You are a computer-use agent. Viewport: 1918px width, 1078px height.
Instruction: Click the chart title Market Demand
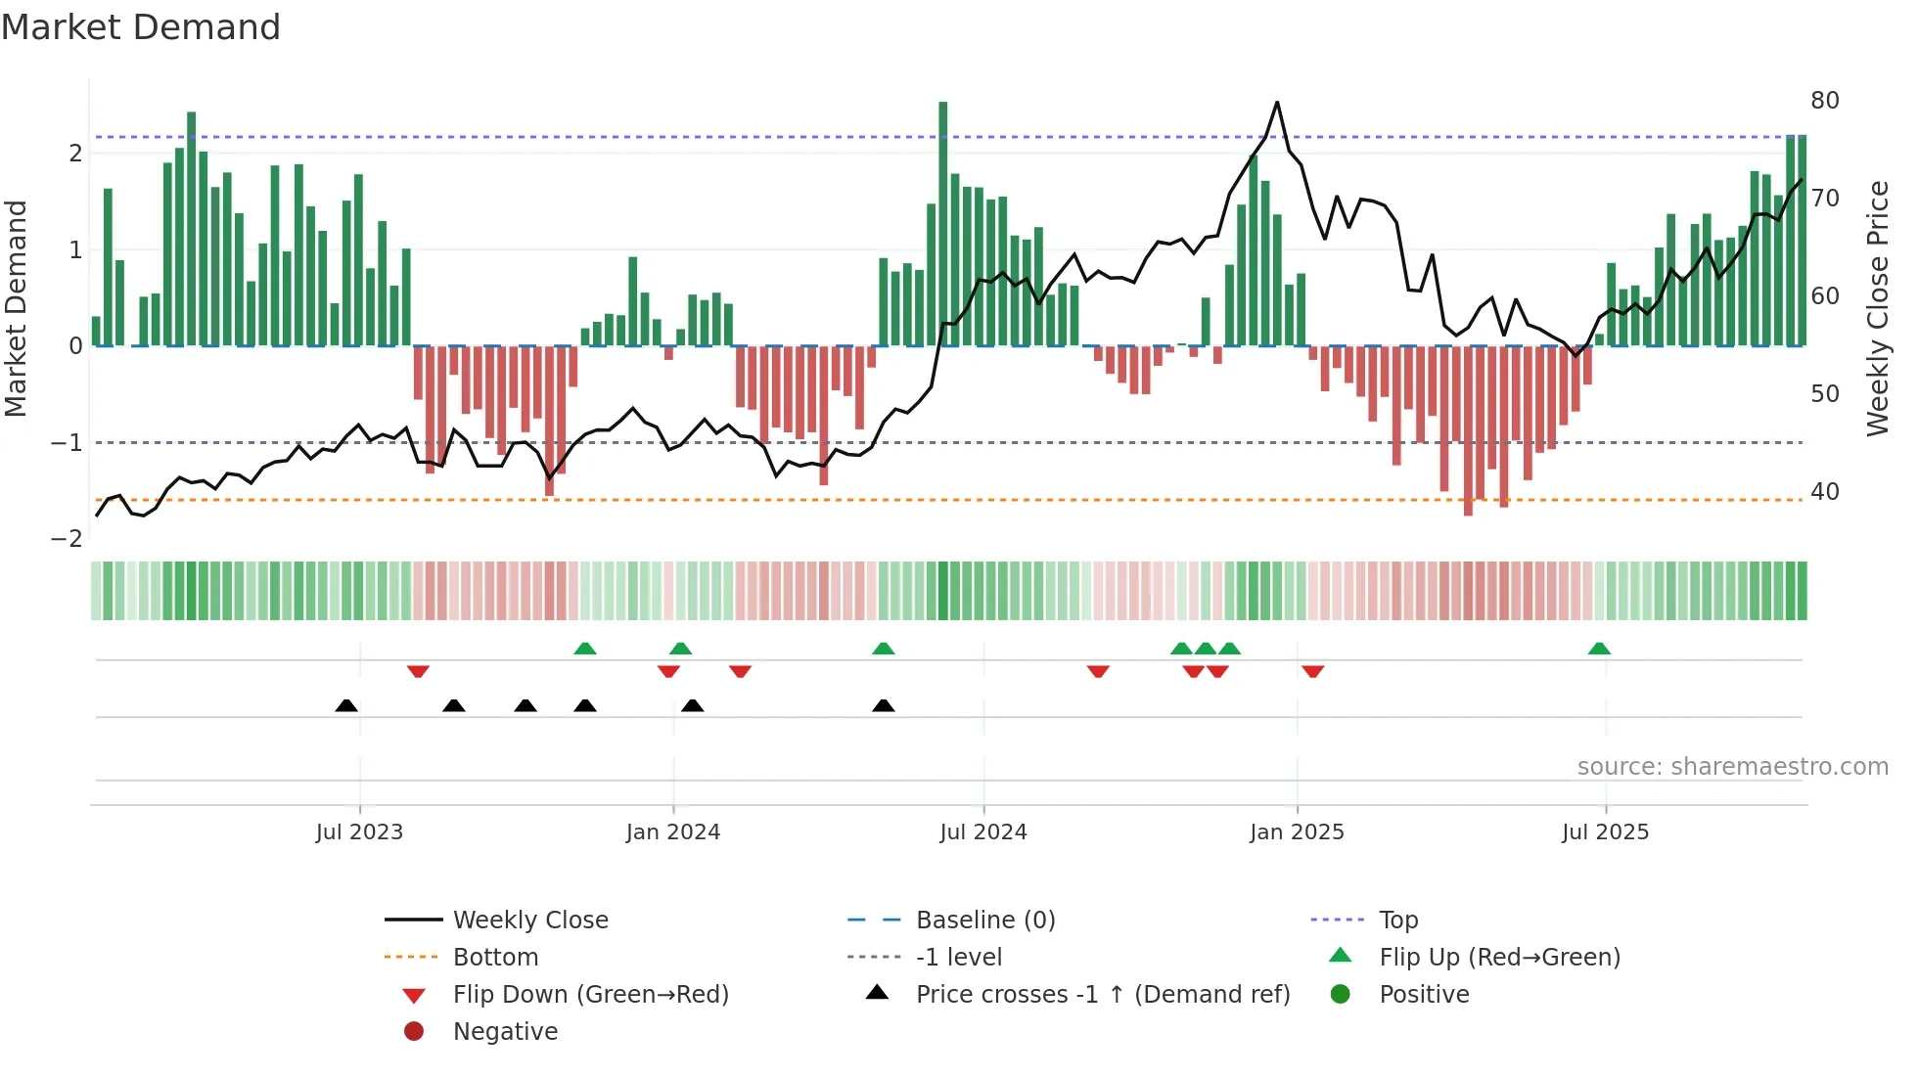click(x=141, y=27)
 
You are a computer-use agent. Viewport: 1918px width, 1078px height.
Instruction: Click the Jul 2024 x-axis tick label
click(x=983, y=832)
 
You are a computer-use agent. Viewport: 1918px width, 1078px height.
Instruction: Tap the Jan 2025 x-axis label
click(x=1297, y=832)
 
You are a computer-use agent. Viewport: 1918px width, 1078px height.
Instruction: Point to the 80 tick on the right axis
click(x=1824, y=101)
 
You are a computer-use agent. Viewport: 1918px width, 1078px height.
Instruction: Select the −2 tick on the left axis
click(x=67, y=539)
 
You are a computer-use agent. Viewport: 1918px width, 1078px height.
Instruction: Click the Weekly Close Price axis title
click(x=1877, y=308)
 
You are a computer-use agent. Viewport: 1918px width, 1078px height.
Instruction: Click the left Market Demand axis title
click(x=17, y=308)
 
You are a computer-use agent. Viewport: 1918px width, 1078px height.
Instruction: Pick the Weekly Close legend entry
click(x=529, y=921)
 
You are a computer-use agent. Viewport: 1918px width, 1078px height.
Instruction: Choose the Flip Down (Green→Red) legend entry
click(x=590, y=995)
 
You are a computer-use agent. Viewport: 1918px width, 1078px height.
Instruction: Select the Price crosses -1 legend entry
click(x=1102, y=995)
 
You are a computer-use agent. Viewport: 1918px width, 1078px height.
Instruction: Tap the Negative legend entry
click(x=505, y=1032)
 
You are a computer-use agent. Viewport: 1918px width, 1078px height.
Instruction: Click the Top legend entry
click(x=1397, y=921)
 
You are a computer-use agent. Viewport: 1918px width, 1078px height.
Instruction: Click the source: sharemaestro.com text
click(x=1732, y=767)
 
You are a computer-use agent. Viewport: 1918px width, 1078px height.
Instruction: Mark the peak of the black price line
click(x=1277, y=103)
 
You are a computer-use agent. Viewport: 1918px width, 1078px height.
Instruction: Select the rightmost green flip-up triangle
click(x=1599, y=649)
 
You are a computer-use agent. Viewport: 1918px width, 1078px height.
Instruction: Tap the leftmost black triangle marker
click(x=346, y=705)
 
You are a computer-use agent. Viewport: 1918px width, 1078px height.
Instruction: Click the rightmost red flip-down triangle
click(x=1313, y=671)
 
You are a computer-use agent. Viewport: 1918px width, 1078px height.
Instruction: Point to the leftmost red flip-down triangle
click(x=418, y=671)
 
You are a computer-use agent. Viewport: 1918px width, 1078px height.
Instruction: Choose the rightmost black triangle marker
click(x=884, y=705)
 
